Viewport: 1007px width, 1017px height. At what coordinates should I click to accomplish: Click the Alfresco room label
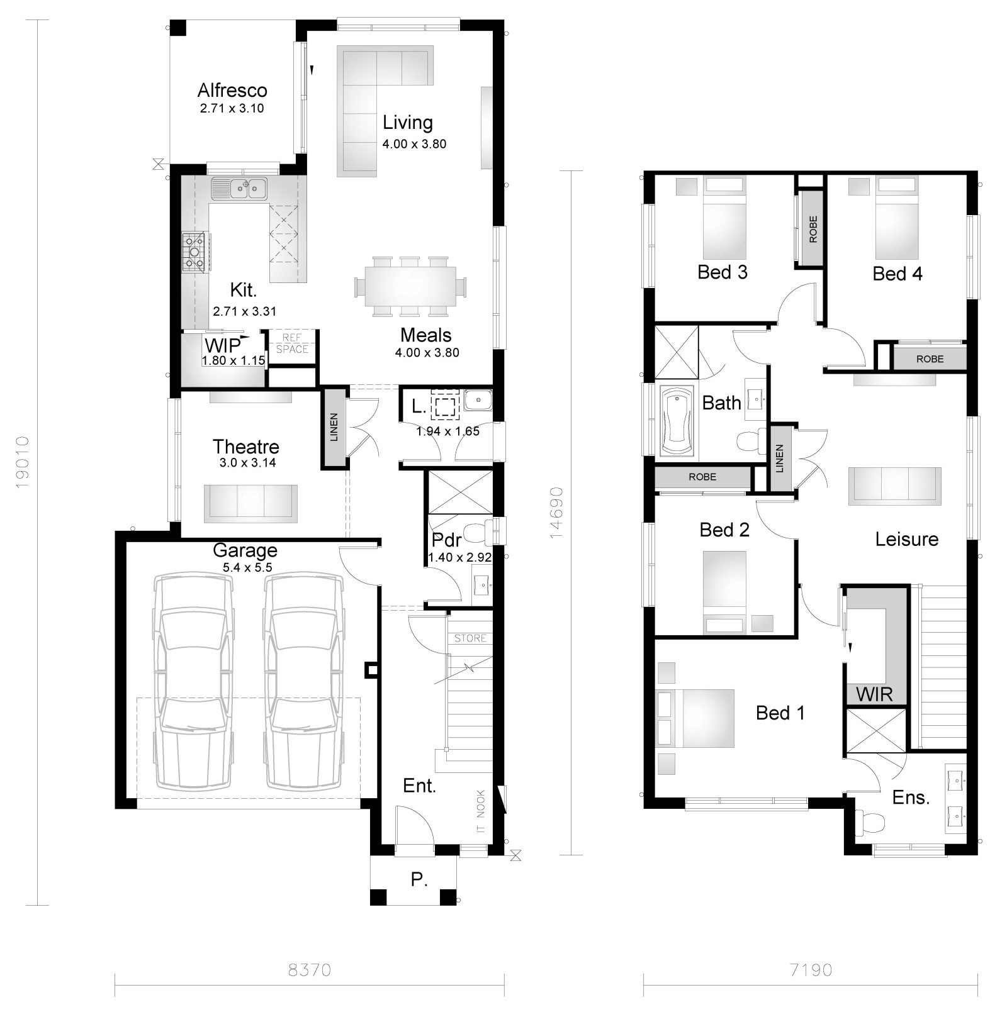click(232, 91)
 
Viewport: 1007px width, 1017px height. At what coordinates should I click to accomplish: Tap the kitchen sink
click(239, 188)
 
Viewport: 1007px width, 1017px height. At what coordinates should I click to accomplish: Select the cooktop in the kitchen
click(194, 252)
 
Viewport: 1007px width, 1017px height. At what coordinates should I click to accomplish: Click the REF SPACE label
click(292, 344)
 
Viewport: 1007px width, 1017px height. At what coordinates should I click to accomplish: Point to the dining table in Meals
click(410, 285)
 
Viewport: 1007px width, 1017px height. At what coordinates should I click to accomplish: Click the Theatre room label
click(245, 447)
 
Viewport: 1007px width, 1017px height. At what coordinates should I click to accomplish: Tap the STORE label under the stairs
click(471, 638)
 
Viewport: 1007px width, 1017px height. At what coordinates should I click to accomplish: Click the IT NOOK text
click(481, 812)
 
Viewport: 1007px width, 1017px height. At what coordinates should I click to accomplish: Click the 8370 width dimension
click(309, 970)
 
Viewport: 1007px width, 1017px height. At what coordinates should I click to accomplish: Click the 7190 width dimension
click(811, 970)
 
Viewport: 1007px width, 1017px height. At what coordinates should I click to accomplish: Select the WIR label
click(874, 695)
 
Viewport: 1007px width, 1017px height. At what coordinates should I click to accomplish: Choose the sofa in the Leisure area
click(894, 486)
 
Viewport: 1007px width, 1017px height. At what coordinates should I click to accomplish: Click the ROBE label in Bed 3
click(813, 230)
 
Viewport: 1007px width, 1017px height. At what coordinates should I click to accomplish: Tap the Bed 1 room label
click(780, 713)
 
